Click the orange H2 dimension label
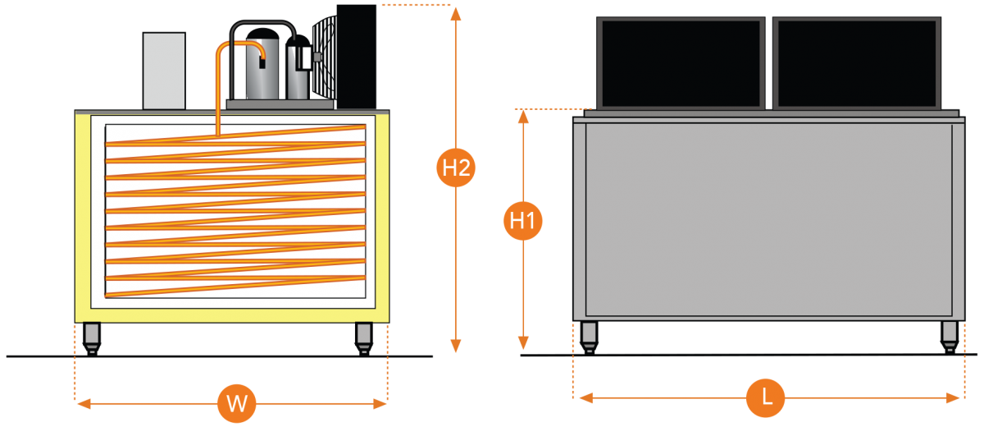pyautogui.click(x=456, y=168)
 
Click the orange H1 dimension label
pyautogui.click(x=523, y=221)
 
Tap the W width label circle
pyautogui.click(x=237, y=403)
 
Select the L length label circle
pyautogui.click(x=766, y=397)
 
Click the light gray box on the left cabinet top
pyautogui.click(x=164, y=71)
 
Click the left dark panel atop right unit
pyautogui.click(x=681, y=63)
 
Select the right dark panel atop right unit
pyautogui.click(x=857, y=63)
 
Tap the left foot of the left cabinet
pyautogui.click(x=92, y=335)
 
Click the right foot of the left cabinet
pyautogui.click(x=364, y=335)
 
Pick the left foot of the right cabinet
pyautogui.click(x=589, y=334)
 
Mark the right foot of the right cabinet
pyautogui.click(x=950, y=334)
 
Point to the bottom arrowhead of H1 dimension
pyautogui.click(x=523, y=345)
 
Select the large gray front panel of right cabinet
pyautogui.click(x=769, y=218)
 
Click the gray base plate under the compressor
pyautogui.click(x=280, y=104)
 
